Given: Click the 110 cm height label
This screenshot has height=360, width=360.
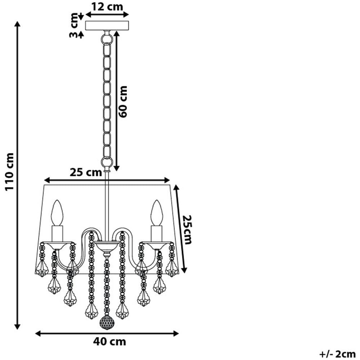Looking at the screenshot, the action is pyautogui.click(x=10, y=171).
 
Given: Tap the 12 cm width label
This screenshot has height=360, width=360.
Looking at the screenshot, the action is pyautogui.click(x=107, y=6).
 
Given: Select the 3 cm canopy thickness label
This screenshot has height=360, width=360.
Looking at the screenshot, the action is pyautogui.click(x=74, y=25).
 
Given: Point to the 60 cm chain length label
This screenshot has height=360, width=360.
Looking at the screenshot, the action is pyautogui.click(x=123, y=102).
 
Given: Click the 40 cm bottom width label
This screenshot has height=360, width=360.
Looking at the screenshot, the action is pyautogui.click(x=109, y=342).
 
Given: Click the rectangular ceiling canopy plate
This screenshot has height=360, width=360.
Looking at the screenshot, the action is pyautogui.click(x=107, y=26).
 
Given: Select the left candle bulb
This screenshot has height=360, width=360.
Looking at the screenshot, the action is pyautogui.click(x=57, y=213).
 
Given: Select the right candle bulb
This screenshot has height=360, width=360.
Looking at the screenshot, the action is pyautogui.click(x=157, y=213).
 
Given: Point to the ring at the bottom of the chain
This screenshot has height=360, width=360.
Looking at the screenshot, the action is pyautogui.click(x=107, y=162).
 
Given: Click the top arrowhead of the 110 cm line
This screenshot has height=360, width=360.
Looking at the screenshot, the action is pyautogui.click(x=17, y=24).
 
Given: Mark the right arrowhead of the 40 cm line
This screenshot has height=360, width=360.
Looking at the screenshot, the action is pyautogui.click(x=176, y=334).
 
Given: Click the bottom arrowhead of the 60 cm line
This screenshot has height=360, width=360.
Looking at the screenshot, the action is pyautogui.click(x=117, y=168).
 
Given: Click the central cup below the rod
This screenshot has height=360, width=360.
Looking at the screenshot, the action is pyautogui.click(x=107, y=246).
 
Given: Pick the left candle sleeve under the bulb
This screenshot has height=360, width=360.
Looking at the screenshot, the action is pyautogui.click(x=57, y=234).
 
